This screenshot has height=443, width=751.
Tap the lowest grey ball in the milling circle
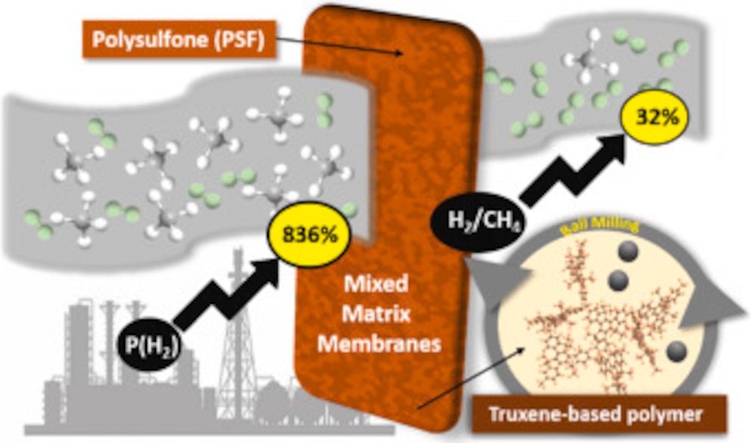tap(676, 351)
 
